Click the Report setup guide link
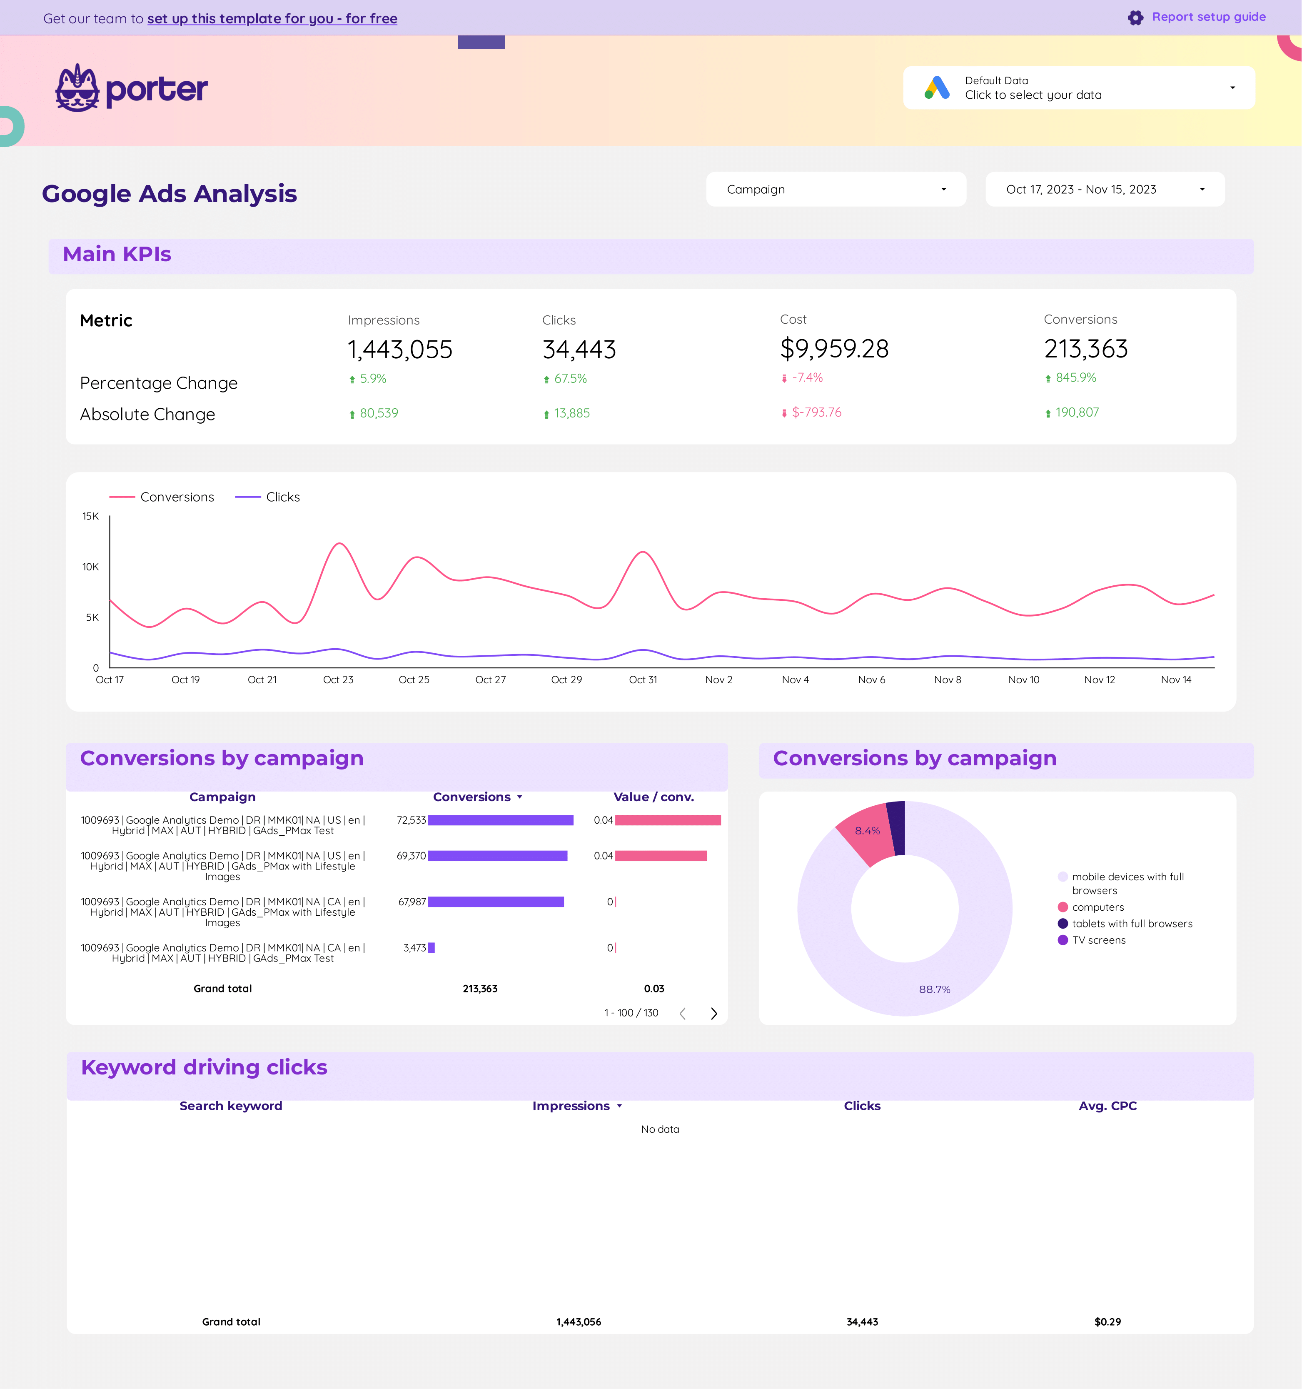coord(1208,17)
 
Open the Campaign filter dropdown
coord(836,189)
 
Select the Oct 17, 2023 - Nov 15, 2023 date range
coord(1104,189)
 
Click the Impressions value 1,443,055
coord(399,350)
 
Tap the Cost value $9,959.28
coord(834,349)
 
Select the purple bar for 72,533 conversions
coord(500,820)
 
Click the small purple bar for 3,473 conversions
coord(431,948)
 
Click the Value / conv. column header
coord(653,797)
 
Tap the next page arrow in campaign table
coord(713,1013)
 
